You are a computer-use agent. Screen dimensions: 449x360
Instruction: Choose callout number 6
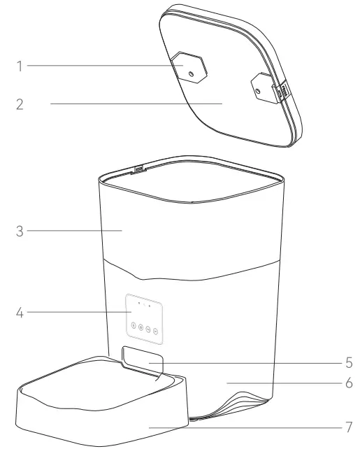pos(347,384)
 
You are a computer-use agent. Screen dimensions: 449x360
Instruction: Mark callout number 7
pos(347,425)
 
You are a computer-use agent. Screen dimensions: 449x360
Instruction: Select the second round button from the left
pos(141,327)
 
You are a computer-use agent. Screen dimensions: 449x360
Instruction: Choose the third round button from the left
pos(149,327)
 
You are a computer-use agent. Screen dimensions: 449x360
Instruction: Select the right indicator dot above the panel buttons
pos(150,306)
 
